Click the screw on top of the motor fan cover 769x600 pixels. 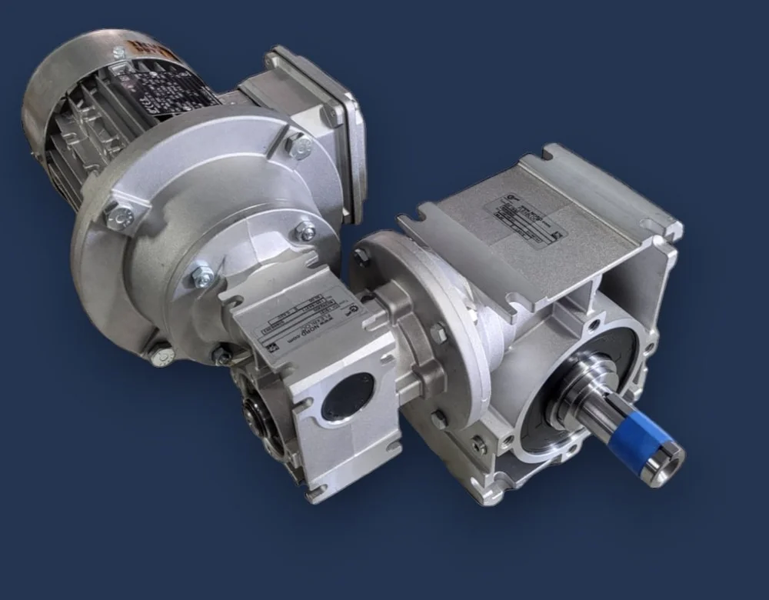(x=118, y=52)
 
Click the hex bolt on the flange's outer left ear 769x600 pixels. (x=121, y=217)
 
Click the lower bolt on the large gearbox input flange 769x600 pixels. (x=438, y=420)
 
